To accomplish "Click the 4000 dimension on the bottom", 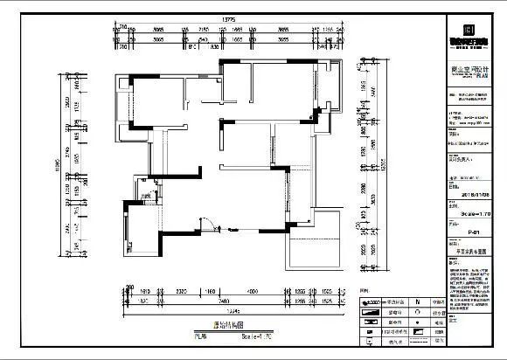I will click(x=250, y=290).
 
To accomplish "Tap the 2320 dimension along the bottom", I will click(x=182, y=290).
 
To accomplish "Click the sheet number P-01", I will click(x=472, y=233).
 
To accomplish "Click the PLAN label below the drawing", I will click(x=202, y=336).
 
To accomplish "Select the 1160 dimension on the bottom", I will click(x=210, y=290).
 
